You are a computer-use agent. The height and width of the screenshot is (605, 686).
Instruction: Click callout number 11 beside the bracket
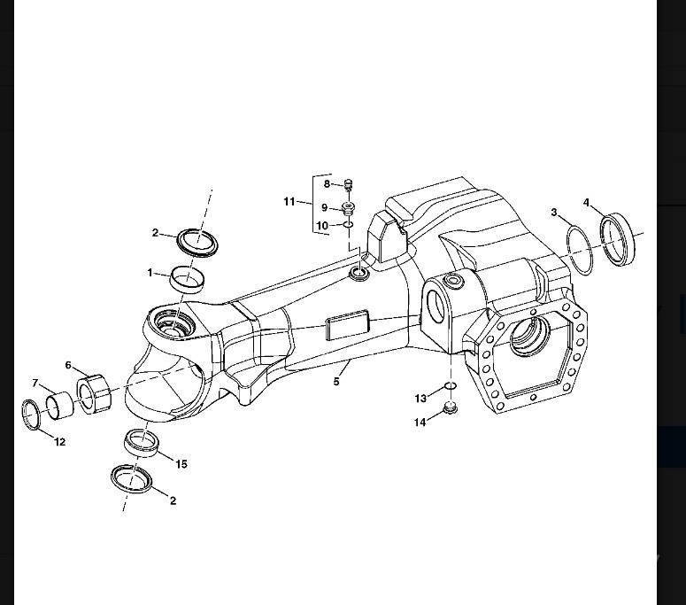[x=289, y=202]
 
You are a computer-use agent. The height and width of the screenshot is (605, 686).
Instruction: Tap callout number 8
[x=327, y=184]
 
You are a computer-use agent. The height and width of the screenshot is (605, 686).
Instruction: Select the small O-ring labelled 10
[x=348, y=225]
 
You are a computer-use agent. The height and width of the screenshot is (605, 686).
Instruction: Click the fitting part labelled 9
[x=348, y=209]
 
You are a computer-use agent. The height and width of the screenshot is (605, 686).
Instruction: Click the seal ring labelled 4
[x=618, y=238]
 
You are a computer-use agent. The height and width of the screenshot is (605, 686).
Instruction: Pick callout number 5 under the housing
[x=336, y=381]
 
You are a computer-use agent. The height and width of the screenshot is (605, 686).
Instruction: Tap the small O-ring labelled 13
[x=451, y=385]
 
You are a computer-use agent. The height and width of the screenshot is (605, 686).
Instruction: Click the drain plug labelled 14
[x=451, y=407]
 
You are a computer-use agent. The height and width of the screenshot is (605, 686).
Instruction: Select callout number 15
[x=181, y=463]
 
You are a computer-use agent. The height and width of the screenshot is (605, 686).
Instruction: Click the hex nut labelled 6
[x=94, y=393]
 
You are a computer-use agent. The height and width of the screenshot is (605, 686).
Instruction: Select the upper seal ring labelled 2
[x=197, y=242]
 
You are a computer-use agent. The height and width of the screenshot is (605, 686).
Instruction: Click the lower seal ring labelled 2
[x=132, y=478]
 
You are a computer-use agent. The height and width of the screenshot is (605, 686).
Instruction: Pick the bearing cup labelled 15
[x=141, y=443]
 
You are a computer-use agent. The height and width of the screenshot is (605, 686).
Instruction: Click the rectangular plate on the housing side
[x=347, y=324]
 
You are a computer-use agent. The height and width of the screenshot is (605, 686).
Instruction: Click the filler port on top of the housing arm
[x=358, y=275]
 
